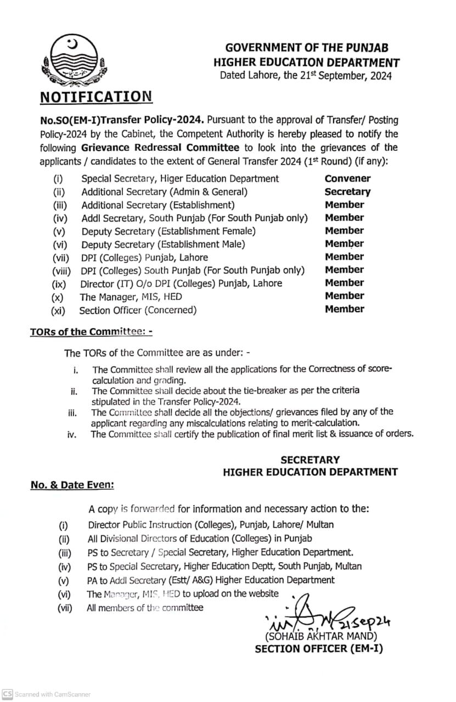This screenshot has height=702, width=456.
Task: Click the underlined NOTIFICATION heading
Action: pyautogui.click(x=96, y=97)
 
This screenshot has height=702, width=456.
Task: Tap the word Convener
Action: pyautogui.click(x=347, y=178)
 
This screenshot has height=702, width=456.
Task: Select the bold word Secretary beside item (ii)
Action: pyautogui.click(x=347, y=191)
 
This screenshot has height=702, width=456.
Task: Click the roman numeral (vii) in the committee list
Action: pyautogui.click(x=60, y=257)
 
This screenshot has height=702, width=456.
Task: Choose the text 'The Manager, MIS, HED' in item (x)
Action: pyautogui.click(x=131, y=297)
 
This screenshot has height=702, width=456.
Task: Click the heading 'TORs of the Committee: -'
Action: pyautogui.click(x=91, y=332)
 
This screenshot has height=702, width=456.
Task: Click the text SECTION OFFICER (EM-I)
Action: pyautogui.click(x=319, y=649)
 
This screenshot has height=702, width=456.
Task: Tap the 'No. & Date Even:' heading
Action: pyautogui.click(x=72, y=485)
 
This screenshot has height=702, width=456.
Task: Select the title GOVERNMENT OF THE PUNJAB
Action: pyautogui.click(x=307, y=48)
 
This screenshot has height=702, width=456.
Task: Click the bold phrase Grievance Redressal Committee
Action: pyautogui.click(x=160, y=148)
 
